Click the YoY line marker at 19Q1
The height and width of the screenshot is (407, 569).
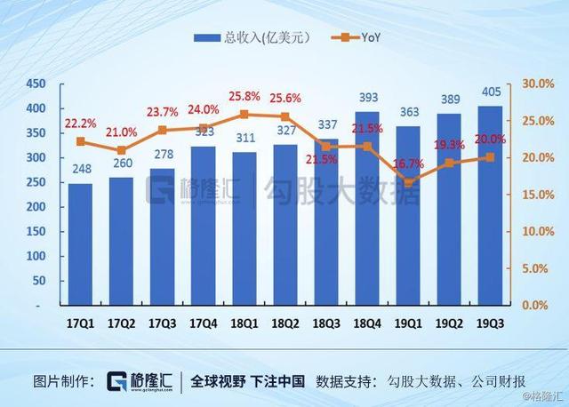409,182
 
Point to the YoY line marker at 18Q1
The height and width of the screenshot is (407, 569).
244,115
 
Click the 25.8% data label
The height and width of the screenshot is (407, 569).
244,95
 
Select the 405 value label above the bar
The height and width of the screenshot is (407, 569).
490,92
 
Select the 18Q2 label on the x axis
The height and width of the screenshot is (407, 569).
285,325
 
